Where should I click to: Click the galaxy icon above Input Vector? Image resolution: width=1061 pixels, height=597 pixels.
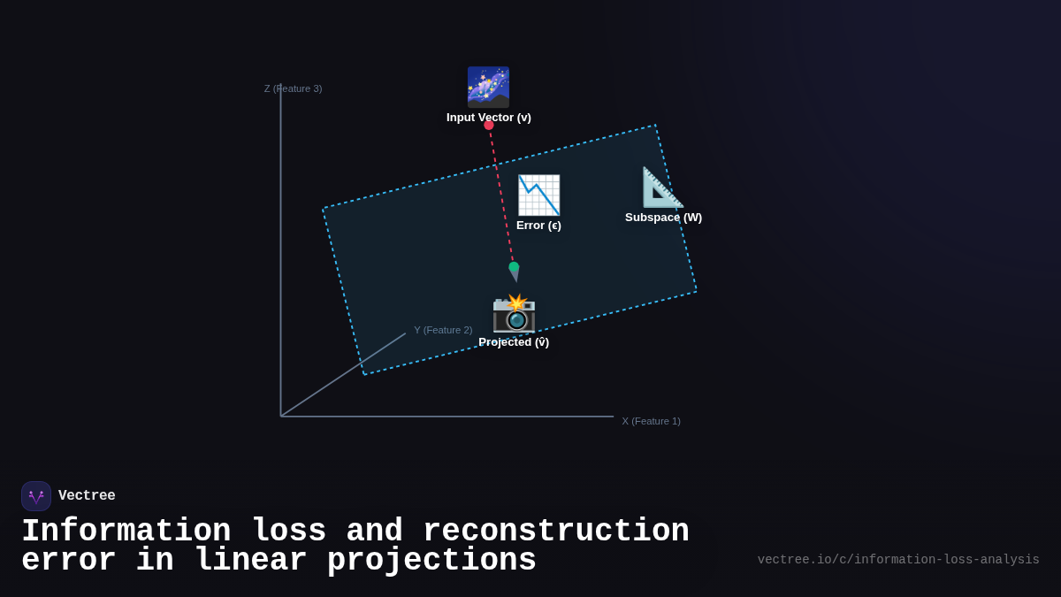pos(488,87)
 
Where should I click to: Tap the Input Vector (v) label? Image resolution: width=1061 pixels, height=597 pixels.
pos(488,118)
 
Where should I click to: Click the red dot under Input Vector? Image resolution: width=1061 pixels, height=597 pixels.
pos(489,125)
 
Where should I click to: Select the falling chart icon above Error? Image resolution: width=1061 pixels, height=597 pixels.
pos(538,195)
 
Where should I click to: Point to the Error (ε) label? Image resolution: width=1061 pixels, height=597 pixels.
pos(538,226)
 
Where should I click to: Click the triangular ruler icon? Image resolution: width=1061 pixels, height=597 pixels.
pos(662,188)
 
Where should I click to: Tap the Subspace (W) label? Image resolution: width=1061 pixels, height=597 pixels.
pos(663,218)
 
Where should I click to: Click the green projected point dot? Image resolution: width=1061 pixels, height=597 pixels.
pos(514,266)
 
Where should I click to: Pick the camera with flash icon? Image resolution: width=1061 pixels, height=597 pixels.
pos(514,313)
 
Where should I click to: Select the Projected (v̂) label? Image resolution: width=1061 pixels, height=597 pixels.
pos(514,342)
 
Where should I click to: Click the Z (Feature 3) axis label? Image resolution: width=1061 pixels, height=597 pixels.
pos(293,88)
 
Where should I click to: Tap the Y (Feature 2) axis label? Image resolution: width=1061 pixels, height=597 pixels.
pos(443,330)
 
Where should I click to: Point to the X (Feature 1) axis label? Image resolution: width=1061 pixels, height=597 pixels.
pos(651,421)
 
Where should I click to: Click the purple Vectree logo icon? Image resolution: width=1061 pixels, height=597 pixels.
pos(36,496)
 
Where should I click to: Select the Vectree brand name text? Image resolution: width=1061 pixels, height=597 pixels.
pos(87,496)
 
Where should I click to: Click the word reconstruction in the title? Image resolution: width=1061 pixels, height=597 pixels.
pos(555,532)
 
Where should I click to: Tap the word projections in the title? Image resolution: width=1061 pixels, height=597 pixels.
pos(431,561)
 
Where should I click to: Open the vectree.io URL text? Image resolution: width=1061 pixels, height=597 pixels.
pos(898,560)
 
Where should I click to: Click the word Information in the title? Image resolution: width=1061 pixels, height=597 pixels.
pos(126,532)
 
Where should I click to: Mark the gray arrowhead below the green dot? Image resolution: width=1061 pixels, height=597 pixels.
pos(515,276)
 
